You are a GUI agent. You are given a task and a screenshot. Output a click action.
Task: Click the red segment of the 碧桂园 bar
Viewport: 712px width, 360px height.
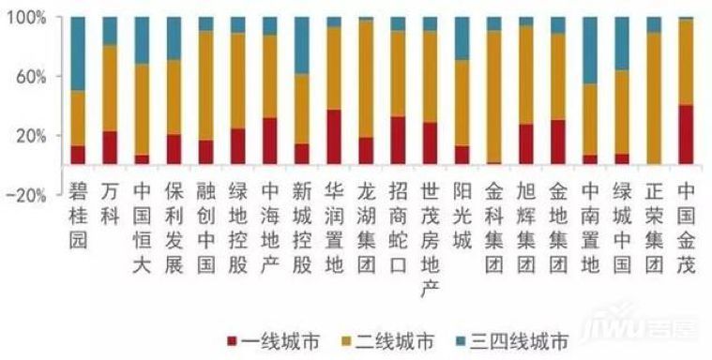point(78,155)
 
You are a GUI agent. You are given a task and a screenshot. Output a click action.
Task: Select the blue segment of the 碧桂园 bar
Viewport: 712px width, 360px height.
point(78,54)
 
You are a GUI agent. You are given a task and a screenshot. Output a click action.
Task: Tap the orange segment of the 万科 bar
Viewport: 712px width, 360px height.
point(110,88)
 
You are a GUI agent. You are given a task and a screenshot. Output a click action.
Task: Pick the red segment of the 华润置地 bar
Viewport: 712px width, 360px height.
point(334,137)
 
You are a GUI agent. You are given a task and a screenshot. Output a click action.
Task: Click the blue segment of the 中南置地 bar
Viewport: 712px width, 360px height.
point(590,51)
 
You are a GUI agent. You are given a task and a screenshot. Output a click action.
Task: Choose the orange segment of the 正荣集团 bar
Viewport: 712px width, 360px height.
point(654,98)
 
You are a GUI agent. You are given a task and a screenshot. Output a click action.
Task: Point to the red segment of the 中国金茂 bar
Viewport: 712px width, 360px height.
point(686,134)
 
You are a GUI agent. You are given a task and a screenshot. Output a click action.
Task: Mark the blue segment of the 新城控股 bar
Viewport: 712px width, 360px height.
point(302,46)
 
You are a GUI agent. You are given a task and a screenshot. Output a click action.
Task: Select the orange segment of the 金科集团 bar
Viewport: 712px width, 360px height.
point(494,97)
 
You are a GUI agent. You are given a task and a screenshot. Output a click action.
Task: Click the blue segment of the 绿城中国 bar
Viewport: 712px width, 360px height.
point(622,44)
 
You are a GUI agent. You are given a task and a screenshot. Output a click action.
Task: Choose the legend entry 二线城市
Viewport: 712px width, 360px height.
point(388,341)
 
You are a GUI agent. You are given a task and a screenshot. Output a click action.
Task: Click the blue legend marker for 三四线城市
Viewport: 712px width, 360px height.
point(462,341)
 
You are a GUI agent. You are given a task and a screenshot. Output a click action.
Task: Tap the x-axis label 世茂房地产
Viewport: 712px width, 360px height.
point(430,241)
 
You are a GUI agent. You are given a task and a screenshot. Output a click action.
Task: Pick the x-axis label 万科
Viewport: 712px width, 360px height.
point(110,204)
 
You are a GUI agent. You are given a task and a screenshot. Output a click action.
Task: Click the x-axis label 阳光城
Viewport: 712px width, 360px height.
point(462,217)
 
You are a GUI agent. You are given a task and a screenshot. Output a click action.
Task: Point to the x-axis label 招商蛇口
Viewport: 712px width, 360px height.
point(398,229)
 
